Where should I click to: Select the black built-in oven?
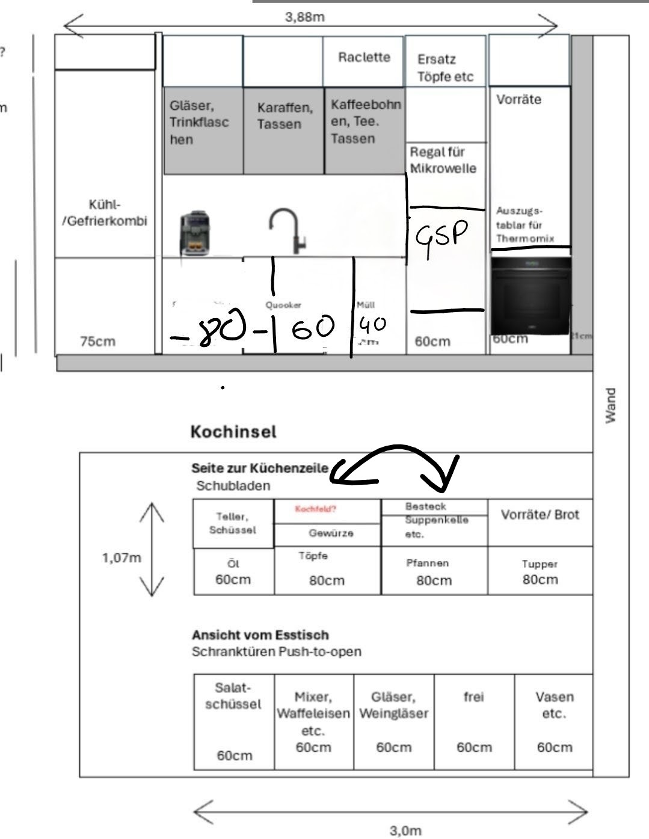[x=531, y=295]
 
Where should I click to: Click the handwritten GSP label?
[x=441, y=236]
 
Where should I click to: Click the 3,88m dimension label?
[x=304, y=17]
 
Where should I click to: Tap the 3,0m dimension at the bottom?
[x=405, y=831]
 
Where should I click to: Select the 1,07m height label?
[x=121, y=558]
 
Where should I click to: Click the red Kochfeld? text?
[x=315, y=509]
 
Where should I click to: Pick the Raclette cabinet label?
[x=364, y=57]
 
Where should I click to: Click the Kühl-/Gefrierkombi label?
[x=105, y=213]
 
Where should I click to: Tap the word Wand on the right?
[x=611, y=405]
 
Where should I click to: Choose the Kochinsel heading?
[x=233, y=431]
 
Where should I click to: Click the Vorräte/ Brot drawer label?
[x=540, y=515]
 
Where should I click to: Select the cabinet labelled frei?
[x=473, y=697]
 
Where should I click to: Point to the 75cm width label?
[x=97, y=342]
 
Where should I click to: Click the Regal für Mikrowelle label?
[x=443, y=160]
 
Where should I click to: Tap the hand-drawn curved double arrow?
[x=395, y=466]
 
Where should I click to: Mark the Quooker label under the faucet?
[x=283, y=306]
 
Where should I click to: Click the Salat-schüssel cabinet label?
[x=233, y=696]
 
